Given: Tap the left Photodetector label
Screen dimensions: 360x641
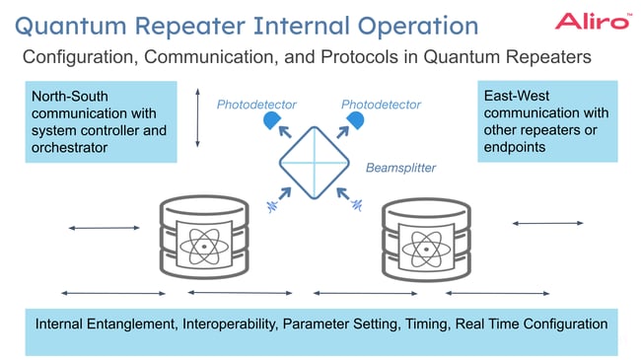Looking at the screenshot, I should coord(256,105).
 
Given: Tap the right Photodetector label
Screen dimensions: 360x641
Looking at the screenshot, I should coord(381,105).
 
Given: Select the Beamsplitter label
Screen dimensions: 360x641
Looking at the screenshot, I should coord(400,168).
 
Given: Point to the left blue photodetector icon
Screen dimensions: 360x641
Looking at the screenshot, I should coord(272,121).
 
